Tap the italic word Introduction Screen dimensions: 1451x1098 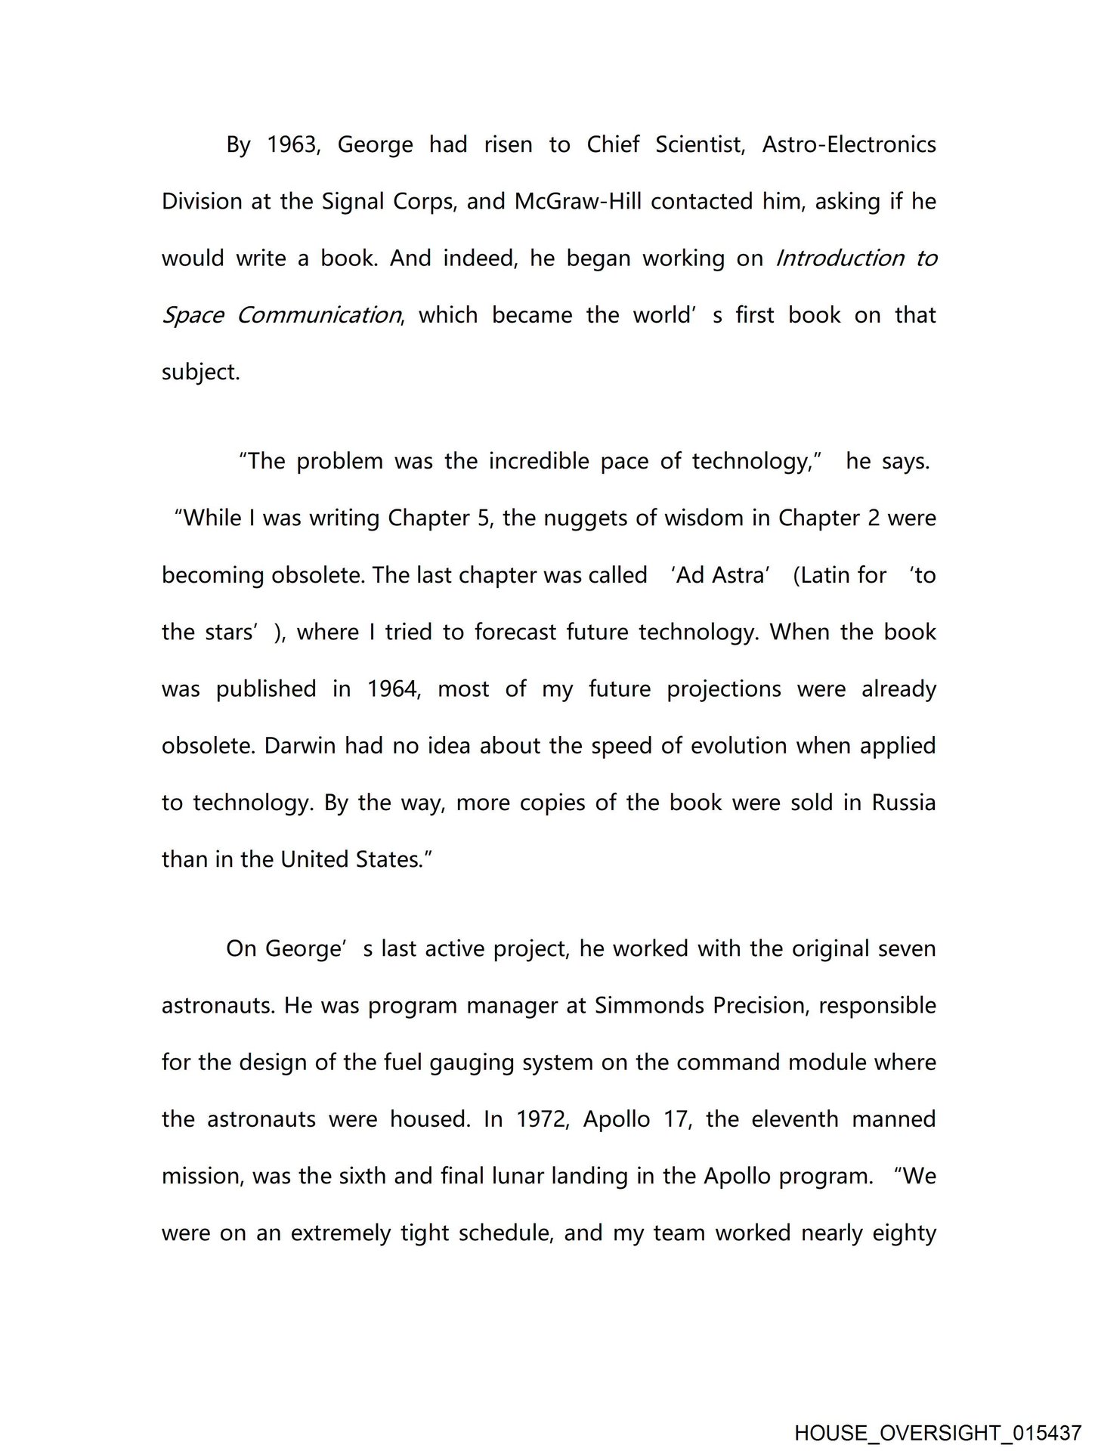pyautogui.click(x=840, y=258)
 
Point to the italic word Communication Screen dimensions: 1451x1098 pyautogui.click(x=318, y=315)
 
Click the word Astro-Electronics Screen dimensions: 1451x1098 pyautogui.click(x=849, y=144)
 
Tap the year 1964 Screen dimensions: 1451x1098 pyautogui.click(x=393, y=688)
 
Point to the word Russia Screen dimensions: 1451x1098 pyautogui.click(x=904, y=803)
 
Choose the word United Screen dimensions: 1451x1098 pyautogui.click(x=315, y=859)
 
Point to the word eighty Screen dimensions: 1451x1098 pyautogui.click(x=904, y=1233)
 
